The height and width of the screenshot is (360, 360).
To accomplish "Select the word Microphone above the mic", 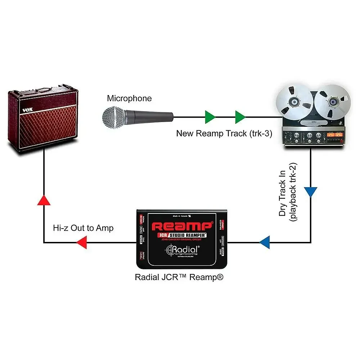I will click(x=129, y=98).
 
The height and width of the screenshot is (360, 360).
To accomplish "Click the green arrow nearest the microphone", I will click(x=210, y=117).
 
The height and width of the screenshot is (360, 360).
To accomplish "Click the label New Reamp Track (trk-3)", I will click(x=224, y=134).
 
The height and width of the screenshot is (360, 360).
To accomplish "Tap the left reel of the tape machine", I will click(x=294, y=102).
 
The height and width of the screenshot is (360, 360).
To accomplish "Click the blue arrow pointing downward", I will click(x=311, y=192).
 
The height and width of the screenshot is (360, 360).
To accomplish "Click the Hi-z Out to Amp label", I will click(x=83, y=228).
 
